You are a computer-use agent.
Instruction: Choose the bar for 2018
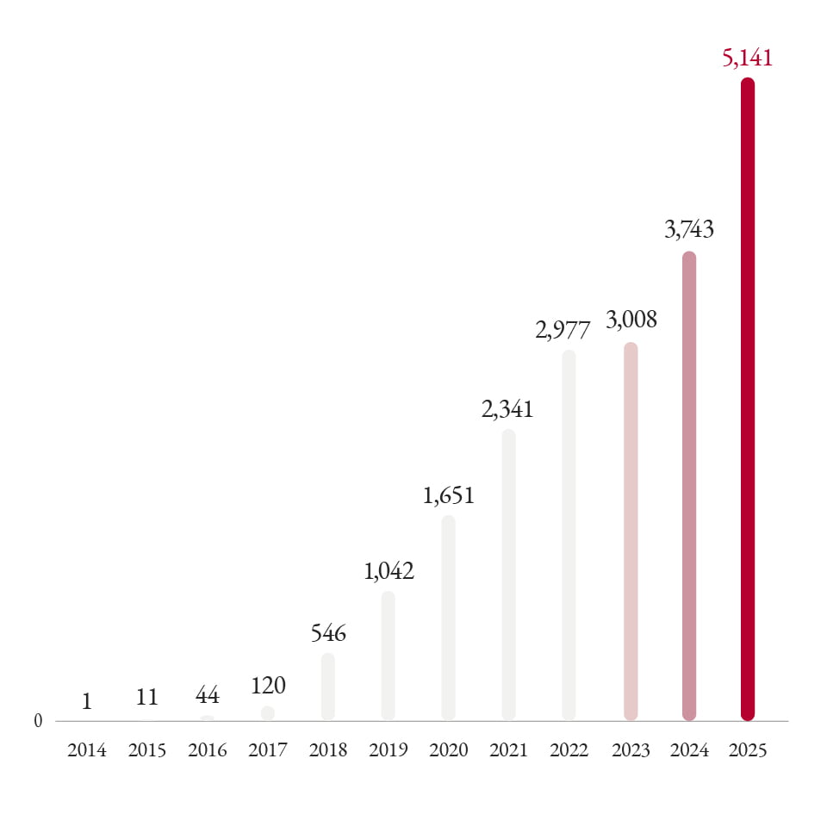click(327, 686)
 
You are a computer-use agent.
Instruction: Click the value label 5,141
click(748, 59)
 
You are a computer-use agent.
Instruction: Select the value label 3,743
click(689, 230)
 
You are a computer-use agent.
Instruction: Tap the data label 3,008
click(631, 320)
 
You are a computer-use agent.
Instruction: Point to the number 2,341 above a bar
click(507, 409)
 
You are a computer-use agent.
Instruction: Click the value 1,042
click(389, 571)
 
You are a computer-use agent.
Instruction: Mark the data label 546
click(327, 634)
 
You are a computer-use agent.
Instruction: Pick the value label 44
click(207, 696)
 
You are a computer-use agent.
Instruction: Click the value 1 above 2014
click(87, 702)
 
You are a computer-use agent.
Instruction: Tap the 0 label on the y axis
click(38, 721)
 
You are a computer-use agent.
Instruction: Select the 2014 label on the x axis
click(87, 750)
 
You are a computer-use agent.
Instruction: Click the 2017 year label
click(267, 750)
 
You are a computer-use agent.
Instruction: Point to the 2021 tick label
click(508, 750)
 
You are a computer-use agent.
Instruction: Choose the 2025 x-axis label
click(747, 750)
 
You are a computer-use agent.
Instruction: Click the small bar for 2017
click(268, 713)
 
